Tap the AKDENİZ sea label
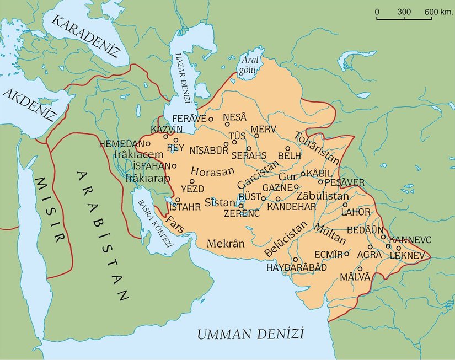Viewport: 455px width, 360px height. [x=30, y=104]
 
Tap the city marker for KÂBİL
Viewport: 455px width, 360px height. [x=303, y=174]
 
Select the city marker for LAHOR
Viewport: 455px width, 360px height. [x=345, y=204]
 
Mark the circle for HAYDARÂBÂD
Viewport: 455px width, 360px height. [x=296, y=259]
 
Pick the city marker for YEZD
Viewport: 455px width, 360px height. [x=192, y=181]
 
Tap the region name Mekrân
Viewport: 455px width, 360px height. [x=226, y=243]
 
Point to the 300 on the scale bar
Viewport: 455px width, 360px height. [x=404, y=12]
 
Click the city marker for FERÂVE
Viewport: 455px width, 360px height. [x=211, y=119]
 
